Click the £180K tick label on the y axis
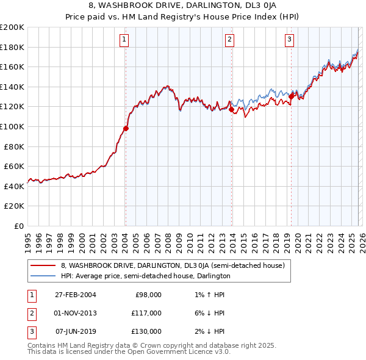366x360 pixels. [x=12, y=47]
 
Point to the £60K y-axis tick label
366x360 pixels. [x=14, y=166]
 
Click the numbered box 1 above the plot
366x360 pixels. [x=124, y=40]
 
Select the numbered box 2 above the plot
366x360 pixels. [x=230, y=40]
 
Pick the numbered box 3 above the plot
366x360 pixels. [x=289, y=40]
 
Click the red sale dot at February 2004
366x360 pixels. [x=126, y=128]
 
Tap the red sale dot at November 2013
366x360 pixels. [x=232, y=109]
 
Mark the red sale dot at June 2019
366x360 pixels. [x=292, y=96]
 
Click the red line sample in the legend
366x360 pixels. [x=43, y=265]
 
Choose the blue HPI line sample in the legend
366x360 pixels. [x=43, y=276]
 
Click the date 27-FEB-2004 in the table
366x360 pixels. [x=76, y=295]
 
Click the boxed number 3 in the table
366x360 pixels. [x=32, y=331]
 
